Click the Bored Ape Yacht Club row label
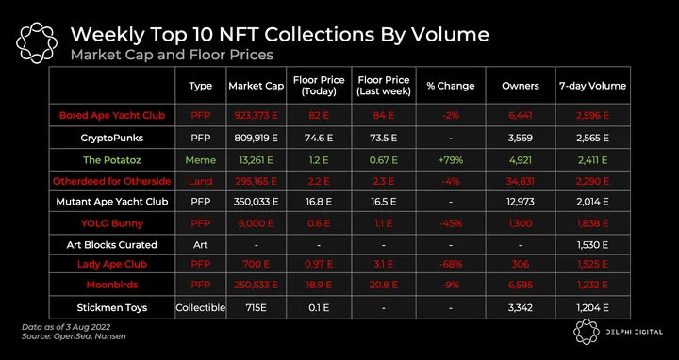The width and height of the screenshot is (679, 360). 112,116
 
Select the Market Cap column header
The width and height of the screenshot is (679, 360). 257,86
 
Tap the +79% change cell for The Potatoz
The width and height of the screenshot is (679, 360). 451,160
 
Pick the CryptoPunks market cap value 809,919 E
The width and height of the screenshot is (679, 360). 257,138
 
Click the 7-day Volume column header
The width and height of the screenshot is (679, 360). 592,86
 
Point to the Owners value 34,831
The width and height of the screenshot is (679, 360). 520,181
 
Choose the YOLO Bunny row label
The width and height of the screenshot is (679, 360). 112,223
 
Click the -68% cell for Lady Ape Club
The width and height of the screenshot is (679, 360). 451,264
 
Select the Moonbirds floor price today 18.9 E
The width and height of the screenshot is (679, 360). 319,285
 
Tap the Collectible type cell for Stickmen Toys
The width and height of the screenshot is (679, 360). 201,307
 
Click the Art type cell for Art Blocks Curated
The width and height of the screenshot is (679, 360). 201,245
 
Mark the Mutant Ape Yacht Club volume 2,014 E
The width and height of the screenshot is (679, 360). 592,201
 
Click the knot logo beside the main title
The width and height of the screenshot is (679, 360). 37,42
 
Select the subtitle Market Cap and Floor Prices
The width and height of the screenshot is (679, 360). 172,55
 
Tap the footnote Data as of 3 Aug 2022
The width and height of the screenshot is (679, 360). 67,327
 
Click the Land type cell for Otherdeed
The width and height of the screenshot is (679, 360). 201,181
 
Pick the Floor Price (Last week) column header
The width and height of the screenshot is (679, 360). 384,86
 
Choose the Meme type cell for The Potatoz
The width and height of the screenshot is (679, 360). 201,160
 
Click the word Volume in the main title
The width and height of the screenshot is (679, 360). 450,35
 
